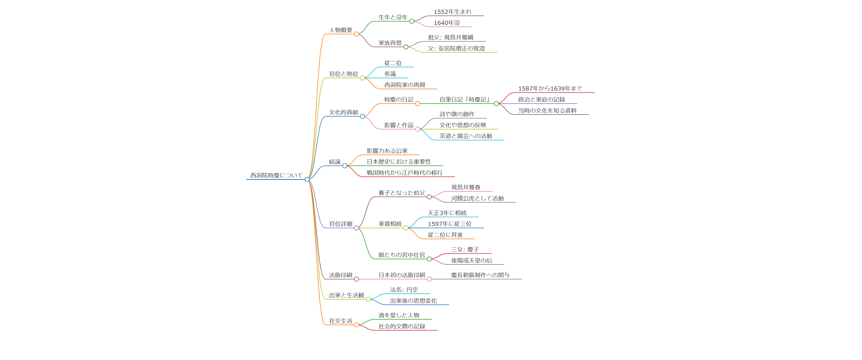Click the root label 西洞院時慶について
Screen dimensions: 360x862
tap(276, 175)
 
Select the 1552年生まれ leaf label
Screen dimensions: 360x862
tap(452, 12)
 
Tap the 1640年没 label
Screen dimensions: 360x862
tap(447, 23)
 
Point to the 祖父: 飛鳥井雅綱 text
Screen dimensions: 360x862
tap(450, 37)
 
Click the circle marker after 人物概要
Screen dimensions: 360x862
tap(356, 34)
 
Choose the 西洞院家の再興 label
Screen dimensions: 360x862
tap(405, 85)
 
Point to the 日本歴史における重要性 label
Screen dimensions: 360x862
tap(398, 162)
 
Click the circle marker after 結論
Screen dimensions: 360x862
tap(345, 166)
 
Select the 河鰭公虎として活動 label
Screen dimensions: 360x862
tap(477, 198)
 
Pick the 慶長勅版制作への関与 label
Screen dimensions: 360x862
tap(480, 275)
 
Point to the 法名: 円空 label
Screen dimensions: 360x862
tap(404, 290)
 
